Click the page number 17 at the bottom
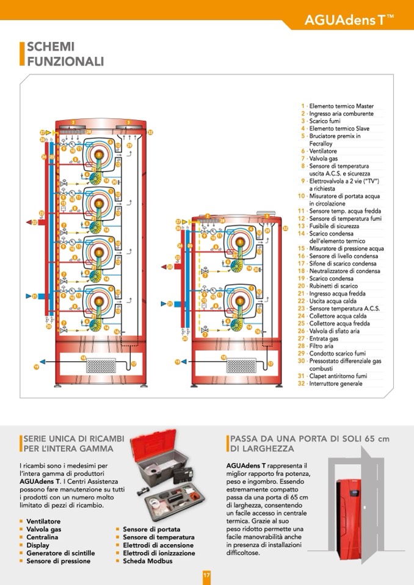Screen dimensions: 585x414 point(207,575)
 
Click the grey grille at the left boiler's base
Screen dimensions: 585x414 point(106,365)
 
